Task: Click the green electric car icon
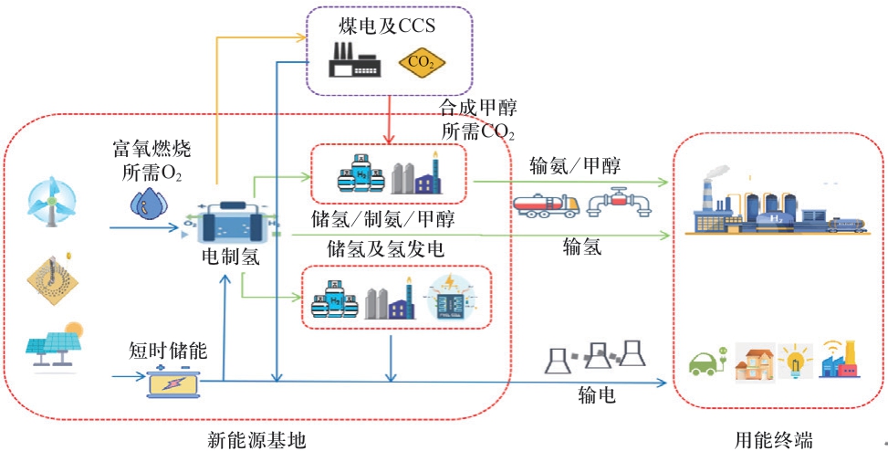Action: point(704,364)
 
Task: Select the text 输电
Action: point(596,394)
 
